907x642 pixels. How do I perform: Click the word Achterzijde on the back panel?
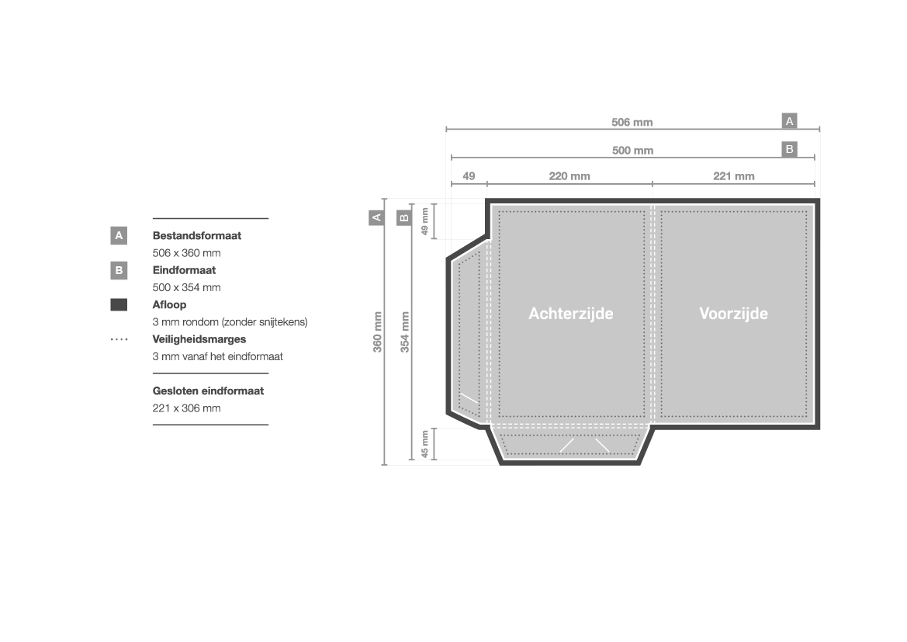click(570, 314)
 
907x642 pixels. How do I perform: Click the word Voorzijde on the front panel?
click(733, 314)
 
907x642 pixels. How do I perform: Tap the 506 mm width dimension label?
click(632, 123)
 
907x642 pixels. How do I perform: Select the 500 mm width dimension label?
click(632, 151)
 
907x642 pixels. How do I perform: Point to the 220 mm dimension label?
click(569, 176)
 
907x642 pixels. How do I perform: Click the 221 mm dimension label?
click(733, 176)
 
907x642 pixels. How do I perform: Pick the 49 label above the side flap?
click(469, 176)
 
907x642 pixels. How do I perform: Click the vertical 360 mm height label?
click(378, 331)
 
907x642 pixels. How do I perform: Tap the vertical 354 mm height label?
click(404, 331)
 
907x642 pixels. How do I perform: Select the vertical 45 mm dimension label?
click(424, 444)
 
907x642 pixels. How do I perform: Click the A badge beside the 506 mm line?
click(789, 121)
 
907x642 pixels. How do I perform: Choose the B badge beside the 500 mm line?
click(789, 149)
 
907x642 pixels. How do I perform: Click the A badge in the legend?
click(119, 235)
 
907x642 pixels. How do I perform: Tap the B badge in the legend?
click(119, 270)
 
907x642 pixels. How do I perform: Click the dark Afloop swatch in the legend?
click(119, 305)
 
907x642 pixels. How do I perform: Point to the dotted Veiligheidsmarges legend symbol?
click(119, 339)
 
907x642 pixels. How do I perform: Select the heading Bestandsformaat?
click(196, 236)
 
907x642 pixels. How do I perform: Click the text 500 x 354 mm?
click(186, 287)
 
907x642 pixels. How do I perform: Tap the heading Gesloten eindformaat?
click(208, 391)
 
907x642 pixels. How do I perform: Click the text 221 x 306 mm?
click(186, 408)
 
